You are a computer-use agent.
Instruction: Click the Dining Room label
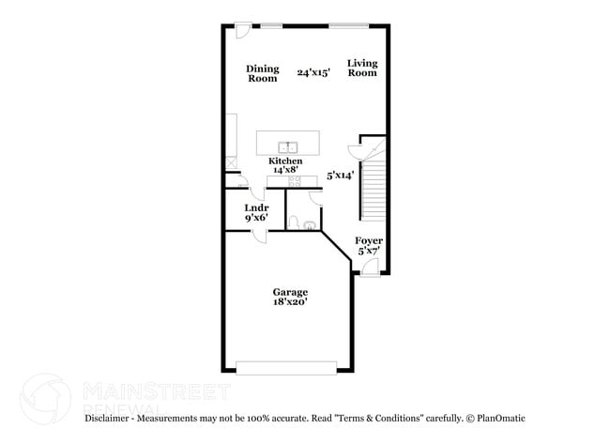(263, 72)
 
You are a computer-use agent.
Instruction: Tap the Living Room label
(362, 68)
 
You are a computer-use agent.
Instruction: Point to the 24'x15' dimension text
(313, 72)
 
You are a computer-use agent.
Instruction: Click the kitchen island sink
(289, 145)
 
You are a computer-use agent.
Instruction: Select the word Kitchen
(285, 161)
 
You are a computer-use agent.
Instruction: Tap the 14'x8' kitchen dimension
(285, 171)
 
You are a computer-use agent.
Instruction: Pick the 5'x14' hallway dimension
(340, 175)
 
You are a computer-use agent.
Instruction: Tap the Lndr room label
(257, 207)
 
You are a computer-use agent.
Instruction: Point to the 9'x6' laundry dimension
(257, 218)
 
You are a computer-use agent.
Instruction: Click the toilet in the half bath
(294, 222)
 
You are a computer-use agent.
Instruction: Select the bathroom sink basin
(311, 223)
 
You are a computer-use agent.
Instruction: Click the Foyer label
(369, 241)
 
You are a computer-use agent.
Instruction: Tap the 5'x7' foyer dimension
(369, 251)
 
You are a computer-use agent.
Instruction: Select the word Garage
(290, 292)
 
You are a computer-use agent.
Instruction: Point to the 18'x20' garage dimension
(290, 302)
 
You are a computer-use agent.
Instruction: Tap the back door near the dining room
(243, 29)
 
